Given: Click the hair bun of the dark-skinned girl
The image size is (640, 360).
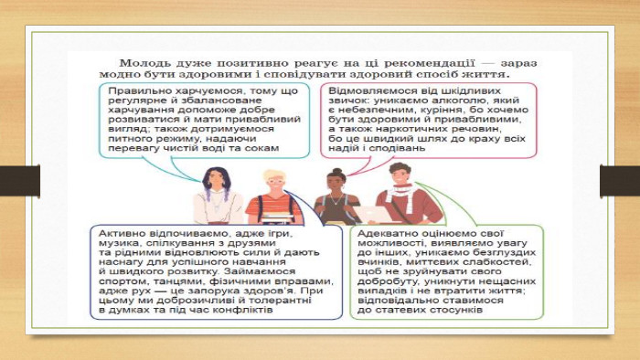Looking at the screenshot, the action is click(x=337, y=171).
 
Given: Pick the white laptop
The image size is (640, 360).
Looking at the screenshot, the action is click(x=373, y=214).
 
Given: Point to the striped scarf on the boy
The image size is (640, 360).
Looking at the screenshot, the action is click(x=401, y=195).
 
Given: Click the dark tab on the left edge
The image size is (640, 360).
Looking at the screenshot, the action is click(x=20, y=181).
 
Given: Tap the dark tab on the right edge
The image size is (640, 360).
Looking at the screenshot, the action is click(x=620, y=181).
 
